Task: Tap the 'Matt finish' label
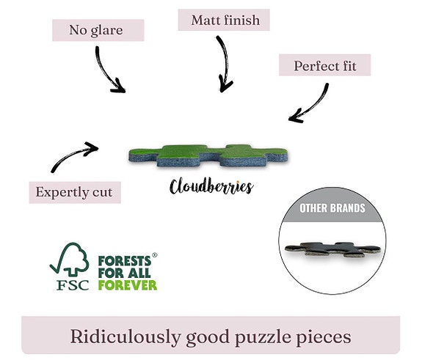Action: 224,21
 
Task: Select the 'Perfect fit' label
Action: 325,65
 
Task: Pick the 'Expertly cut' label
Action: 75,193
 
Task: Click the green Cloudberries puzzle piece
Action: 208,155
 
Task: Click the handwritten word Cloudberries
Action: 211,185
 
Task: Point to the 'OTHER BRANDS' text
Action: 332,208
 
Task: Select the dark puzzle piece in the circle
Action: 332,249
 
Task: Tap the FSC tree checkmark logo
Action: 70,260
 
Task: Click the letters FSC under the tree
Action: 73,285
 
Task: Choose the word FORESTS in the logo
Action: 125,261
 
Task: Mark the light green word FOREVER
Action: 128,285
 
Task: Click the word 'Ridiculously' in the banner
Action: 125,337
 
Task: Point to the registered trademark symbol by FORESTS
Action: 154,255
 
